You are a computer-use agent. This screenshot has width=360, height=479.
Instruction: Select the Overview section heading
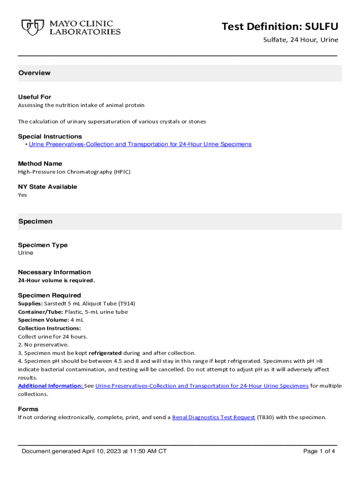click(34, 73)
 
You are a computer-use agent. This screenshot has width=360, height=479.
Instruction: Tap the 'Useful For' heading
click(35, 97)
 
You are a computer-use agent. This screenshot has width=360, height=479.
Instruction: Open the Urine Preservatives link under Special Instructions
click(140, 144)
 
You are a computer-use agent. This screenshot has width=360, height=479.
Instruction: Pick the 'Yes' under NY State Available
click(22, 195)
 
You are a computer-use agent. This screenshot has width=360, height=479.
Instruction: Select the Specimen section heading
click(35, 221)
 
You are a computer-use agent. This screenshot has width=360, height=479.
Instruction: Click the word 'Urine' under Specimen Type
click(26, 253)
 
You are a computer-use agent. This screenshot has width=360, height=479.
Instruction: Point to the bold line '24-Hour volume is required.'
click(56, 280)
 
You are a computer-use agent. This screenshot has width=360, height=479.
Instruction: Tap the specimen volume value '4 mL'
click(77, 320)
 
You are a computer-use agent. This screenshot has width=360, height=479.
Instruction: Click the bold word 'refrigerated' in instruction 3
click(105, 353)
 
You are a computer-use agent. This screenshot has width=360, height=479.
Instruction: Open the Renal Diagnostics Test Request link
click(214, 417)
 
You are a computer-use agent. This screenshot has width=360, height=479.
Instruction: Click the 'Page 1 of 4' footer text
click(319, 451)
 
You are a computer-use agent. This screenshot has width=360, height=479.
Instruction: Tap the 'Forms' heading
click(28, 409)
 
